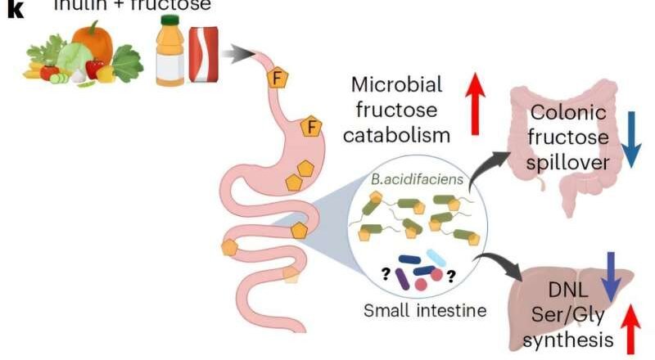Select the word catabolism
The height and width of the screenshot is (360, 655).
pyautogui.click(x=397, y=133)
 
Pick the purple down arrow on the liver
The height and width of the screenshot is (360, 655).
pyautogui.click(x=610, y=274)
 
